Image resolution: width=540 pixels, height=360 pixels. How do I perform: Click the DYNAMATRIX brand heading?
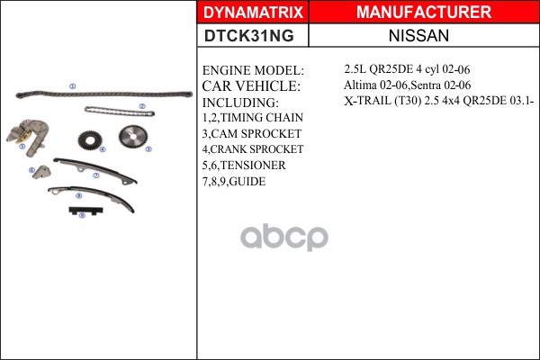click(253, 13)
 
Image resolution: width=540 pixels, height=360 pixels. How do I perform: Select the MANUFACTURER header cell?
click(424, 12)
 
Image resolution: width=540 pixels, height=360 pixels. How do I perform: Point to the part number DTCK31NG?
click(249, 35)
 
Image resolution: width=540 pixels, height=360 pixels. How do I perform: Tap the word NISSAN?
click(418, 35)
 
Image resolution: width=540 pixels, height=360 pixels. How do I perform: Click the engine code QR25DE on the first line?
click(391, 69)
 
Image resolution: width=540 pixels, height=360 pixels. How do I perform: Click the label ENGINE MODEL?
click(253, 70)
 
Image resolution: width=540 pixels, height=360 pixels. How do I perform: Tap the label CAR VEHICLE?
click(251, 86)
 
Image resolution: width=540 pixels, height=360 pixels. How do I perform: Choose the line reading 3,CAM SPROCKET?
click(252, 134)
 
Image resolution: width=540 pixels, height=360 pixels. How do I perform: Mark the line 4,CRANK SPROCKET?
click(253, 149)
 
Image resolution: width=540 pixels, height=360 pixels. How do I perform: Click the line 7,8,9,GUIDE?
click(234, 181)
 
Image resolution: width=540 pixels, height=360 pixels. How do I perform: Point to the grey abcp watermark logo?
click(284, 237)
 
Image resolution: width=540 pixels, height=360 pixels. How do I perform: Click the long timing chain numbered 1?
click(104, 94)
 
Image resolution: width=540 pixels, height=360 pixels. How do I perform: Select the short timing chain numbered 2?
click(120, 112)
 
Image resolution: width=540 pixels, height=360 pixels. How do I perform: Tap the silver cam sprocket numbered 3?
click(133, 137)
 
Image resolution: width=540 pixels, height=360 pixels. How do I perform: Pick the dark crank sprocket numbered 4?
click(90, 140)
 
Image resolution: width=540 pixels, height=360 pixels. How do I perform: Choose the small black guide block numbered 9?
click(85, 211)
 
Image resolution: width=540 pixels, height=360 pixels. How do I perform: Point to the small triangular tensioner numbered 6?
click(42, 172)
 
